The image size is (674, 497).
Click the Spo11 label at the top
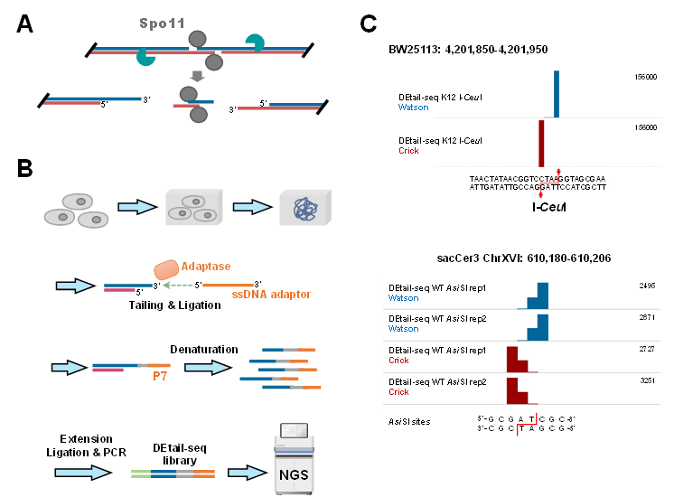click(163, 23)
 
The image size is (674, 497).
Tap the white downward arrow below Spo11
click(197, 77)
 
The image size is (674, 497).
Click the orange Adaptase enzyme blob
click(167, 270)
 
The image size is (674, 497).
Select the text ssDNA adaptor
click(271, 295)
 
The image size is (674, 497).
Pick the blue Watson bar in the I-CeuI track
click(557, 94)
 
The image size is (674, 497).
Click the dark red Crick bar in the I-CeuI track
click(541, 143)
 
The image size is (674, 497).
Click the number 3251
click(648, 381)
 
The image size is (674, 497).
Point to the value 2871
click(648, 318)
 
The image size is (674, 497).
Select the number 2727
click(648, 349)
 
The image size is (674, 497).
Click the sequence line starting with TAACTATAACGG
click(537, 179)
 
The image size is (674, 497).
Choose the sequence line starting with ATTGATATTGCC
click(537, 187)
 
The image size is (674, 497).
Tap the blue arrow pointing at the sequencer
click(244, 473)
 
